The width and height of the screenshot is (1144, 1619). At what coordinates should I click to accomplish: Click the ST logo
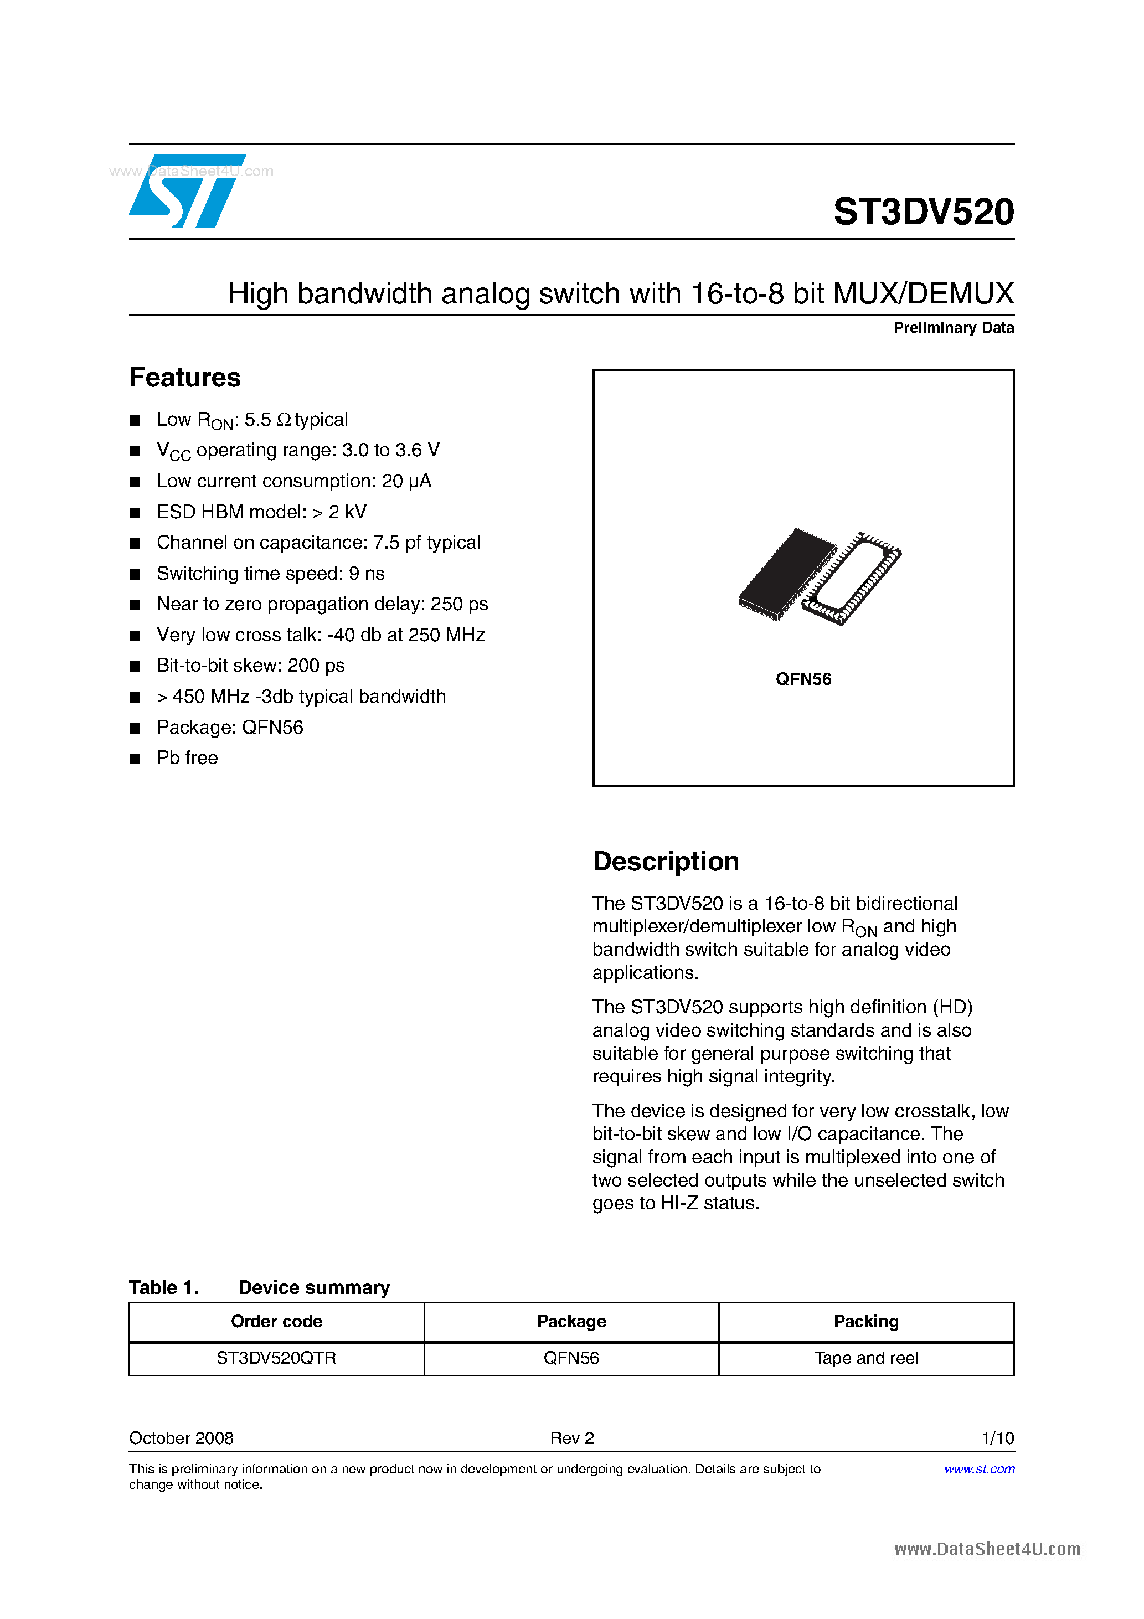[187, 192]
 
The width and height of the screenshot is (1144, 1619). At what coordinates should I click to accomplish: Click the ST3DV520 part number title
[923, 212]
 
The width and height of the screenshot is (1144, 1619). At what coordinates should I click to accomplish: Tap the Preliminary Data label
[953, 328]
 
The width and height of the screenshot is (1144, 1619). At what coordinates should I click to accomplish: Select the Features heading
[185, 378]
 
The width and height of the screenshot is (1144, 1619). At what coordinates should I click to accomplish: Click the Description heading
[665, 862]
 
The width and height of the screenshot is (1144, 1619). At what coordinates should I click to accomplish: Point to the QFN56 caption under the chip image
[803, 679]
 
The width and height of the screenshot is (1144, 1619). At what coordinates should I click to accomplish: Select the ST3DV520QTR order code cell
[276, 1358]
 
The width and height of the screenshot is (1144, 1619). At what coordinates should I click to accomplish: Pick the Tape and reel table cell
[865, 1358]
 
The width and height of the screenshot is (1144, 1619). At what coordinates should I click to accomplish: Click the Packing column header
[865, 1322]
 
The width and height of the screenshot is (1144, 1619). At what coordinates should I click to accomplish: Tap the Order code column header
[276, 1322]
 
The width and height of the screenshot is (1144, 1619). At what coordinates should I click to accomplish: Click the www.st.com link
[979, 1469]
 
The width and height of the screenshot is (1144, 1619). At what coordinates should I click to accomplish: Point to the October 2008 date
[181, 1438]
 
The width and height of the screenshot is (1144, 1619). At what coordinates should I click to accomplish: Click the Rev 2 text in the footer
[571, 1438]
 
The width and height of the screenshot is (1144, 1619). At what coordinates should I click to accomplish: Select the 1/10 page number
[997, 1438]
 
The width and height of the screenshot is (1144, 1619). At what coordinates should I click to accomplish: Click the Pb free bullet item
[187, 758]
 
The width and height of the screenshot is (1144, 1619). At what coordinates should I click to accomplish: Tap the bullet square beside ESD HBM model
[135, 513]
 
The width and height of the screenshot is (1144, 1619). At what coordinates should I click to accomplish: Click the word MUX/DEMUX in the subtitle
[923, 294]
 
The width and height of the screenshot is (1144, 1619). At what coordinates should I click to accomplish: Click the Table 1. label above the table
[164, 1287]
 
